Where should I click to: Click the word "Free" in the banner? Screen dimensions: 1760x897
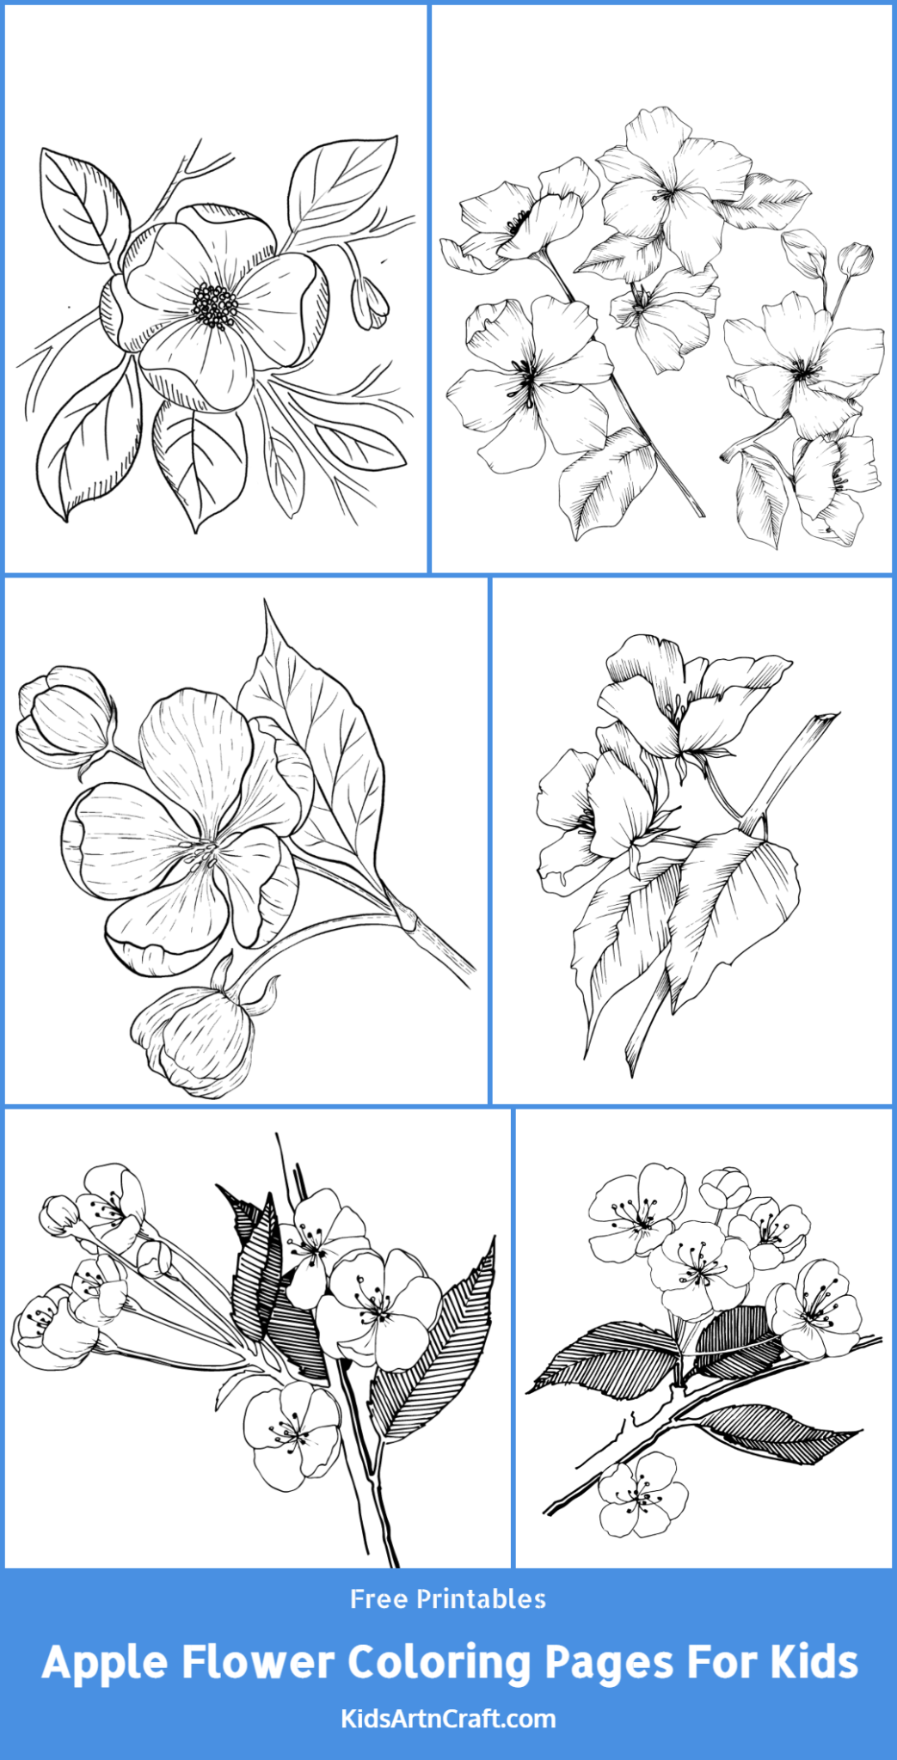coord(378,1599)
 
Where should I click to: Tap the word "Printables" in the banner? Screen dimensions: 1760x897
coord(481,1599)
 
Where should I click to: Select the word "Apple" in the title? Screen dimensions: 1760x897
coord(104,1663)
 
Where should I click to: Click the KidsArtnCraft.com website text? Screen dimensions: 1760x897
coord(448,1719)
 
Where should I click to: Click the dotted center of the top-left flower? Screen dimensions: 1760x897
coord(215,306)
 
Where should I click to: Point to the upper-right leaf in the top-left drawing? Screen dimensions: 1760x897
coord(340,185)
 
